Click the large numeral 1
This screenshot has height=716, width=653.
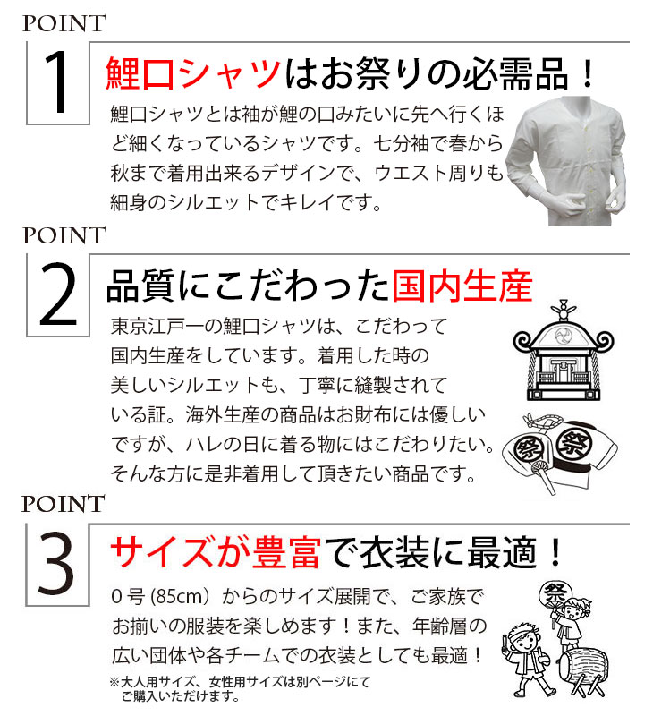coord(56,82)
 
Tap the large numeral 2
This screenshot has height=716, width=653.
coord(57,294)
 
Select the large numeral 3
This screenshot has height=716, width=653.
coord(55,564)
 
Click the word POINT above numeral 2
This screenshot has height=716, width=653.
coord(64,235)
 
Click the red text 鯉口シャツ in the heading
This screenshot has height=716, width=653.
coord(192,73)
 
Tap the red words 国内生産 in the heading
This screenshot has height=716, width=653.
coord(462,286)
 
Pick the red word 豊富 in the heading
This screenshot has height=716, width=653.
coord(286,552)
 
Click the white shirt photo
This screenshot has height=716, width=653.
coord(567,161)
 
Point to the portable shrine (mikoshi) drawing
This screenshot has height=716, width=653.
coord(564,351)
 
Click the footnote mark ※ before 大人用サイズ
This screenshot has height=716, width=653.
coord(114,682)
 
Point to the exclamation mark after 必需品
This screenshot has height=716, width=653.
coord(589,75)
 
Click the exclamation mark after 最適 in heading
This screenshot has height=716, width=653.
coord(555,552)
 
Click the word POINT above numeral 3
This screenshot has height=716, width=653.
coord(64,504)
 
